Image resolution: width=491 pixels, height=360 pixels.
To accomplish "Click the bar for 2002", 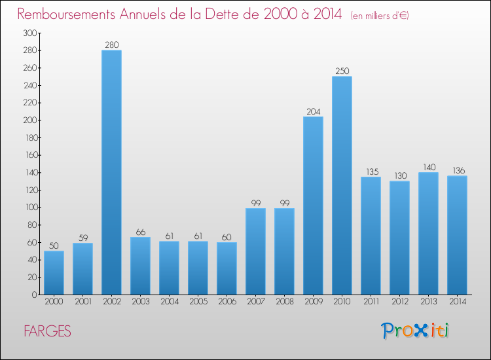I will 111,172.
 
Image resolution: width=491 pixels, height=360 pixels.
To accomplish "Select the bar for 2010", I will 342,185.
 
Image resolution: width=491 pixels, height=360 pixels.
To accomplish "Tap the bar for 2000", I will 54,272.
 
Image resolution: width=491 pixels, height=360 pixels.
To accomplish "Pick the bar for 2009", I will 313,206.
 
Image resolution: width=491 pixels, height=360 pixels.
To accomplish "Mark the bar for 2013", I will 428,233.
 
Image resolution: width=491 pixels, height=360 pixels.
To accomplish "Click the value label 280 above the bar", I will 111,45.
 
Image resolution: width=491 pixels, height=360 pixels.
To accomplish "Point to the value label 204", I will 313,111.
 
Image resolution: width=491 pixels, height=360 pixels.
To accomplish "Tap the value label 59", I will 82,238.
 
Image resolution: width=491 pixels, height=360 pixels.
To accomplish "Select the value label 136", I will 457,171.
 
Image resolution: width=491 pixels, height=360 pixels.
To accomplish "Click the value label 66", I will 140,232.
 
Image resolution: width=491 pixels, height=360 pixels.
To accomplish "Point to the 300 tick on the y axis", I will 29,33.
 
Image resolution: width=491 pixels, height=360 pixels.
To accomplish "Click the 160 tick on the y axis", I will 29,155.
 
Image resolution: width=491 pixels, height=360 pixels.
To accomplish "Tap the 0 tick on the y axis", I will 33,295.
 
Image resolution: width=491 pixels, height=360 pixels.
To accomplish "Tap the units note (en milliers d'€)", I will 371,16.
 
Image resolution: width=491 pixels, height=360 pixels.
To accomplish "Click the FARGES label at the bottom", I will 46,331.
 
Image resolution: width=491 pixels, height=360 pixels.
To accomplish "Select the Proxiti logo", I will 415,331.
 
